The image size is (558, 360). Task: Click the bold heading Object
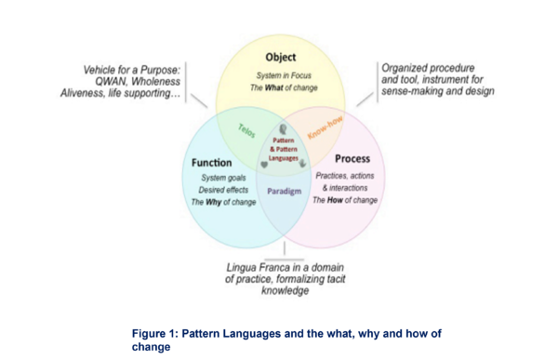click(x=280, y=57)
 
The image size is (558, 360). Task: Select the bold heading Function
click(x=212, y=162)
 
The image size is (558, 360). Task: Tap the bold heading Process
click(x=352, y=158)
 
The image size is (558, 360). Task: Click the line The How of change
click(x=345, y=200)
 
